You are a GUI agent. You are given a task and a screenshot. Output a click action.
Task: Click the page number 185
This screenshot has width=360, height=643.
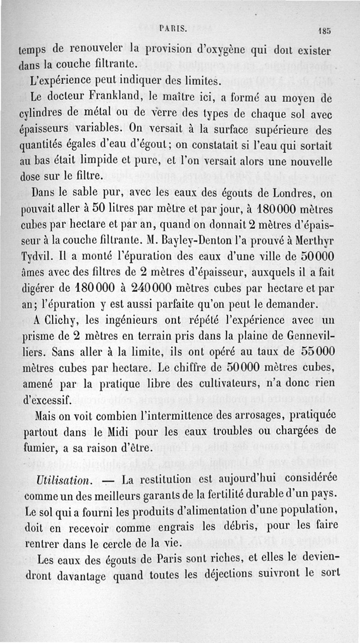324,32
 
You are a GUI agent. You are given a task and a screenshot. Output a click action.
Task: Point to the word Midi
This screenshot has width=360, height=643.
138,430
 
